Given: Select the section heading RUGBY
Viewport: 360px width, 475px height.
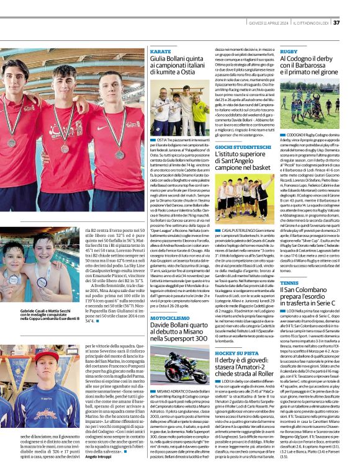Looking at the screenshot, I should pyautogui.click(x=289, y=51).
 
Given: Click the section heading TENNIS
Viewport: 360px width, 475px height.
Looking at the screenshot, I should pyautogui.click(x=289, y=283).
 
